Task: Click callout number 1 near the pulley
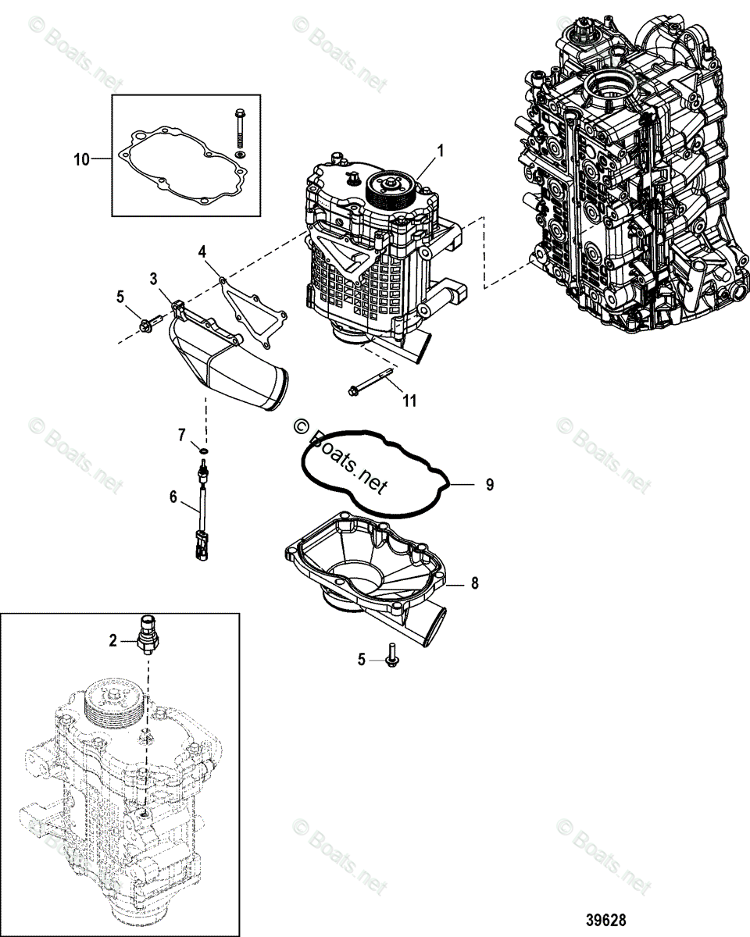point(441,150)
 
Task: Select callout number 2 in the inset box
point(112,641)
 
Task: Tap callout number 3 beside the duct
point(154,278)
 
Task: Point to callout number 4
point(202,251)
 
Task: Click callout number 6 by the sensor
point(174,497)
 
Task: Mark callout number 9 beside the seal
point(490,485)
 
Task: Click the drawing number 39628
point(607,921)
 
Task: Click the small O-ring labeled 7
point(203,450)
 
